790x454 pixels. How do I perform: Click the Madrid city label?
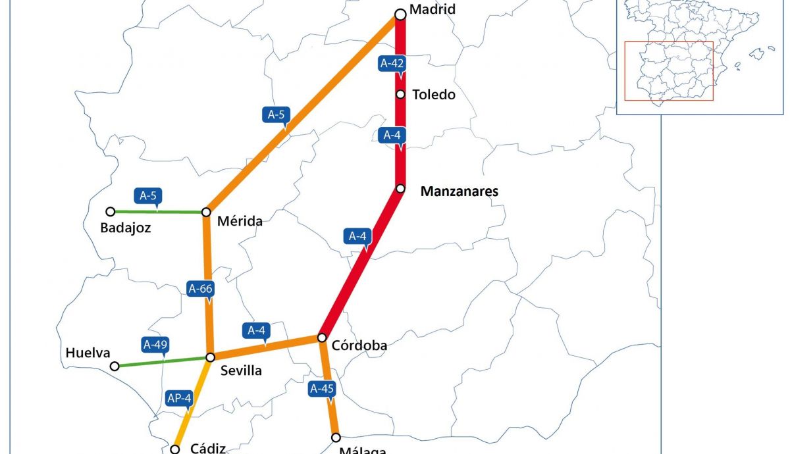tap(433, 9)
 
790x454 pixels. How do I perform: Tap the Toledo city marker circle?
tap(400, 94)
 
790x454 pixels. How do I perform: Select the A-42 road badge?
tap(392, 63)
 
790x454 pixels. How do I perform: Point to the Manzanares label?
tap(460, 191)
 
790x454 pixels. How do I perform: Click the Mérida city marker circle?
tap(206, 212)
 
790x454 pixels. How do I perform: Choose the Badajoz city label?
tap(126, 228)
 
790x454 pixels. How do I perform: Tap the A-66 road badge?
tap(201, 288)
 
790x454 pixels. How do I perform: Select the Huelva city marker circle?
tap(115, 366)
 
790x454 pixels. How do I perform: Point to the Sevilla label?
tap(241, 370)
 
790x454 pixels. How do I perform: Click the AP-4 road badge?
tap(179, 398)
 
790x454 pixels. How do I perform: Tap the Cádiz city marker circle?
tap(175, 449)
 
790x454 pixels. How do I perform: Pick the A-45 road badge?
tap(323, 388)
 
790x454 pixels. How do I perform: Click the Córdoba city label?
tap(359, 345)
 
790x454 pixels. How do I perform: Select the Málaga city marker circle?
tap(336, 438)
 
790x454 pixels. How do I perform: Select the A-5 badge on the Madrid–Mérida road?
tap(276, 114)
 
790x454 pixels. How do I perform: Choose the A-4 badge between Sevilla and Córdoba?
tap(256, 330)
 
